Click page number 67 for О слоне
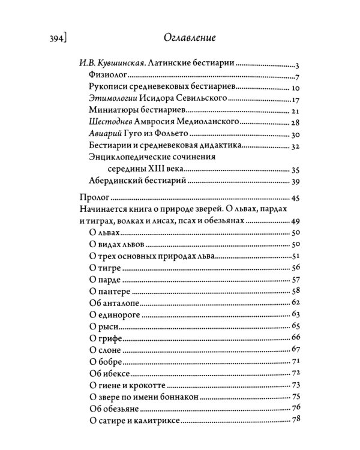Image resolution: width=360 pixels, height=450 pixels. pos(295,349)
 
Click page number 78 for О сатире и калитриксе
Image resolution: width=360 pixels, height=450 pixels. pos(295,419)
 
